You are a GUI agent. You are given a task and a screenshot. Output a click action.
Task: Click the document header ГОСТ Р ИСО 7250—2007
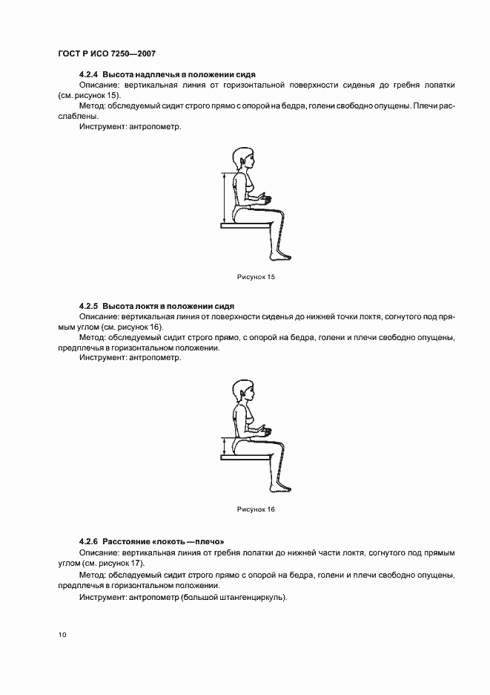[106, 54]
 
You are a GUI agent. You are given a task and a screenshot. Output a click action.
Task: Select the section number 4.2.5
[88, 306]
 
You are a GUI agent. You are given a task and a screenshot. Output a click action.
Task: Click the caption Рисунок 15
[256, 277]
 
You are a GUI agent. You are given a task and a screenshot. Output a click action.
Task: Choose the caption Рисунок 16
[256, 509]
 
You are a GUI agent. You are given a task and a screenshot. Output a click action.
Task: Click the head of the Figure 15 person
[244, 158]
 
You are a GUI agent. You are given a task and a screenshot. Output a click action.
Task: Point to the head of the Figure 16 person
[244, 391]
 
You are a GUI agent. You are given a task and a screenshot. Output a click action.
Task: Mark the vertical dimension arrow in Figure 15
[222, 198]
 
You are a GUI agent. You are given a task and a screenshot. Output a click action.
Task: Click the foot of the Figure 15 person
[279, 257]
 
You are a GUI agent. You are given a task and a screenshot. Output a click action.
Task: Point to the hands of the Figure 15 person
[264, 199]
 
